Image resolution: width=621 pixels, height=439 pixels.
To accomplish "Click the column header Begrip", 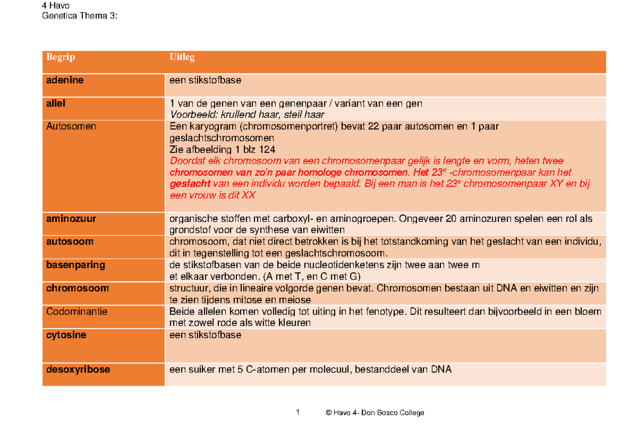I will point(61,57).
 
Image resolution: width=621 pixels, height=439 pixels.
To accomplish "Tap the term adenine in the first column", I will point(65,81).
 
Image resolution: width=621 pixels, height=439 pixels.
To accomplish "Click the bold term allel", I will point(56,103).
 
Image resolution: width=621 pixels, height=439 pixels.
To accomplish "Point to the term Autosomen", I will point(71,126).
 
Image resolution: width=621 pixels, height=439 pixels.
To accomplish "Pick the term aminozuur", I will point(71,219).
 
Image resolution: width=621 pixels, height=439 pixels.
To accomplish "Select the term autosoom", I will point(69,241).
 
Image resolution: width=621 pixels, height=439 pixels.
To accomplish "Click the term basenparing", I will point(76,265).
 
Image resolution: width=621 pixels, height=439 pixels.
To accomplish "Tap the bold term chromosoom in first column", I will point(77,288).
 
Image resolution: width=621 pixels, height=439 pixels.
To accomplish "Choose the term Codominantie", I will point(77,312).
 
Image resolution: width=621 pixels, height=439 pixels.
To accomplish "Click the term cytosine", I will point(66,335).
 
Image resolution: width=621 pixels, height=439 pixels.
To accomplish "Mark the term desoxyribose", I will point(78,370).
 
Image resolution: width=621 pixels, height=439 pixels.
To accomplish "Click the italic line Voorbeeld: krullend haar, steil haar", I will point(247,115).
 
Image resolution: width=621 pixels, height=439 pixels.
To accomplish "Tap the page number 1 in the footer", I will point(298,412).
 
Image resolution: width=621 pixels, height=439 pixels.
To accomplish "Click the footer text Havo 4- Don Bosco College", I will point(378,413).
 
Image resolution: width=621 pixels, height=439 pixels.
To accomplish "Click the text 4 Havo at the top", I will point(56,6).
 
